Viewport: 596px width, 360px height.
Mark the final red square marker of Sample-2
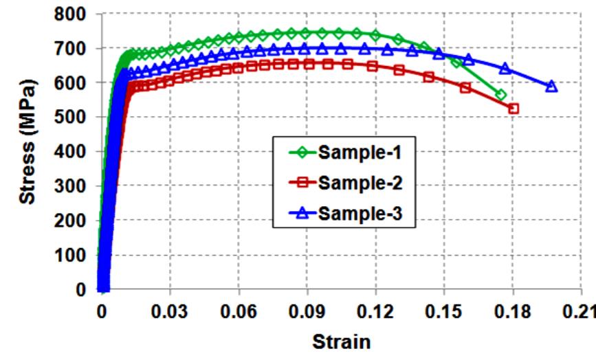point(514,109)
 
